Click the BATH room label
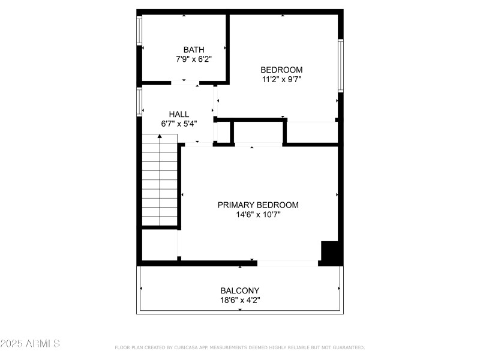(x=194, y=50)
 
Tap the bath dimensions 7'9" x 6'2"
(x=194, y=59)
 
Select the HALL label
(x=179, y=114)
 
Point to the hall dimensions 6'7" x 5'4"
(x=179, y=124)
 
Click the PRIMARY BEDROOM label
(x=258, y=205)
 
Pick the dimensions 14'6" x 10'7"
(x=258, y=214)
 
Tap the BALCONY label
(x=240, y=290)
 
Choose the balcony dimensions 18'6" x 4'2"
(x=240, y=300)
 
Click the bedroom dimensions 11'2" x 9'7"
(x=281, y=79)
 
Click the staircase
(x=160, y=180)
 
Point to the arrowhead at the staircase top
(x=160, y=137)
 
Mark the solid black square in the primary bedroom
(x=331, y=251)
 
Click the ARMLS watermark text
(x=30, y=344)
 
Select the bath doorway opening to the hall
(x=185, y=83)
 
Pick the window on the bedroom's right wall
(x=340, y=65)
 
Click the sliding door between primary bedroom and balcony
(x=288, y=263)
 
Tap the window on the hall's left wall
(x=139, y=102)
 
